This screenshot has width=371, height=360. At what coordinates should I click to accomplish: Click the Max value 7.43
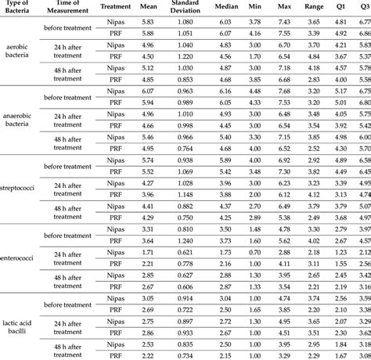click(284, 23)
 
